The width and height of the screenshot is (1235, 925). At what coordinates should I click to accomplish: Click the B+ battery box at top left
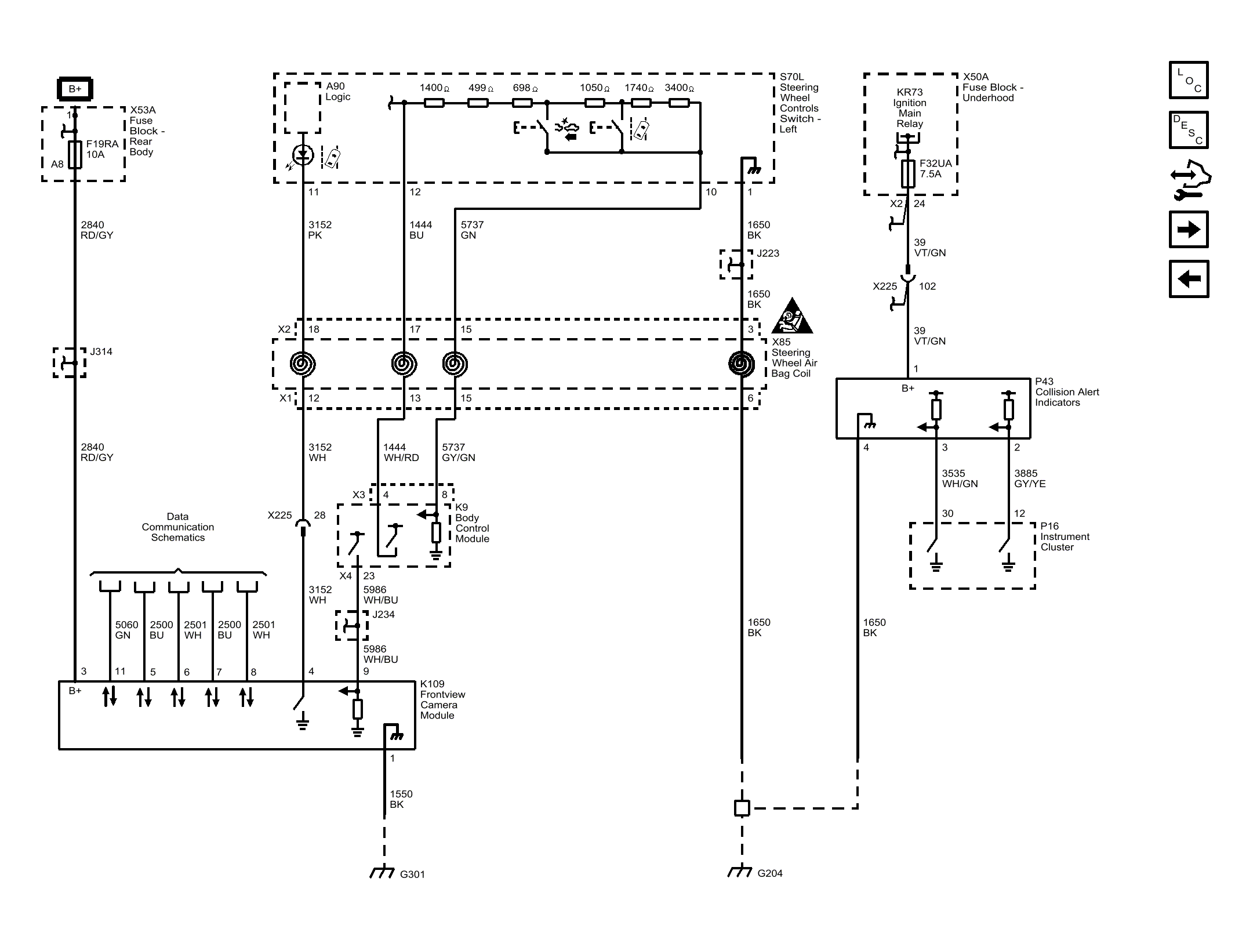pos(75,89)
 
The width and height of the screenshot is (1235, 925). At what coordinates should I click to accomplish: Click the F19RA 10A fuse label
pos(102,149)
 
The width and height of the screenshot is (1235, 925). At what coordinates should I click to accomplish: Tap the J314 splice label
pos(101,351)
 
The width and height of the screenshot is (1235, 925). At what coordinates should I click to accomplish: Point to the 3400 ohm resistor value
pos(679,88)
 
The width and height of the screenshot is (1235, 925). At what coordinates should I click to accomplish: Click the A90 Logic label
pos(337,92)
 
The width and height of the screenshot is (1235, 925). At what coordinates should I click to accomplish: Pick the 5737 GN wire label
pos(471,230)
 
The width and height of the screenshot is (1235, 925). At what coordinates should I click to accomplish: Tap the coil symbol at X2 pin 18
pos(303,364)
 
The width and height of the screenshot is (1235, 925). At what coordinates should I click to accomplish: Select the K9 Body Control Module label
pos(471,523)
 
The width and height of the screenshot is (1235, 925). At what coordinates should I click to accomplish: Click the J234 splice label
pos(383,614)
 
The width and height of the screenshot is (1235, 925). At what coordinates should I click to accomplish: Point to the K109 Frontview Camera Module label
pos(442,699)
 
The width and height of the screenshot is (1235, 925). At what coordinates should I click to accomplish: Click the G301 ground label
pos(412,874)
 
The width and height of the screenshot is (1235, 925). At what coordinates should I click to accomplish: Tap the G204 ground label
pos(769,873)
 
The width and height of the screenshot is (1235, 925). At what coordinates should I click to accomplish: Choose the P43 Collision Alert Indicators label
pos(1066,392)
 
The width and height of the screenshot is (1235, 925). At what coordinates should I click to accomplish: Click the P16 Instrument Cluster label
pos(1064,536)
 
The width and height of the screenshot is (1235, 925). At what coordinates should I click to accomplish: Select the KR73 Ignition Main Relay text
pos(909,108)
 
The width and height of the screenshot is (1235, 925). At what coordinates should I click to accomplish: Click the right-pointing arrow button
pos(1188,230)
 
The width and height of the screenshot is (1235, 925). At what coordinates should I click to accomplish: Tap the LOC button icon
pos(1188,80)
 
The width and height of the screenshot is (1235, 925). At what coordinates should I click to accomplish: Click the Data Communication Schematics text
pos(177,527)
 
